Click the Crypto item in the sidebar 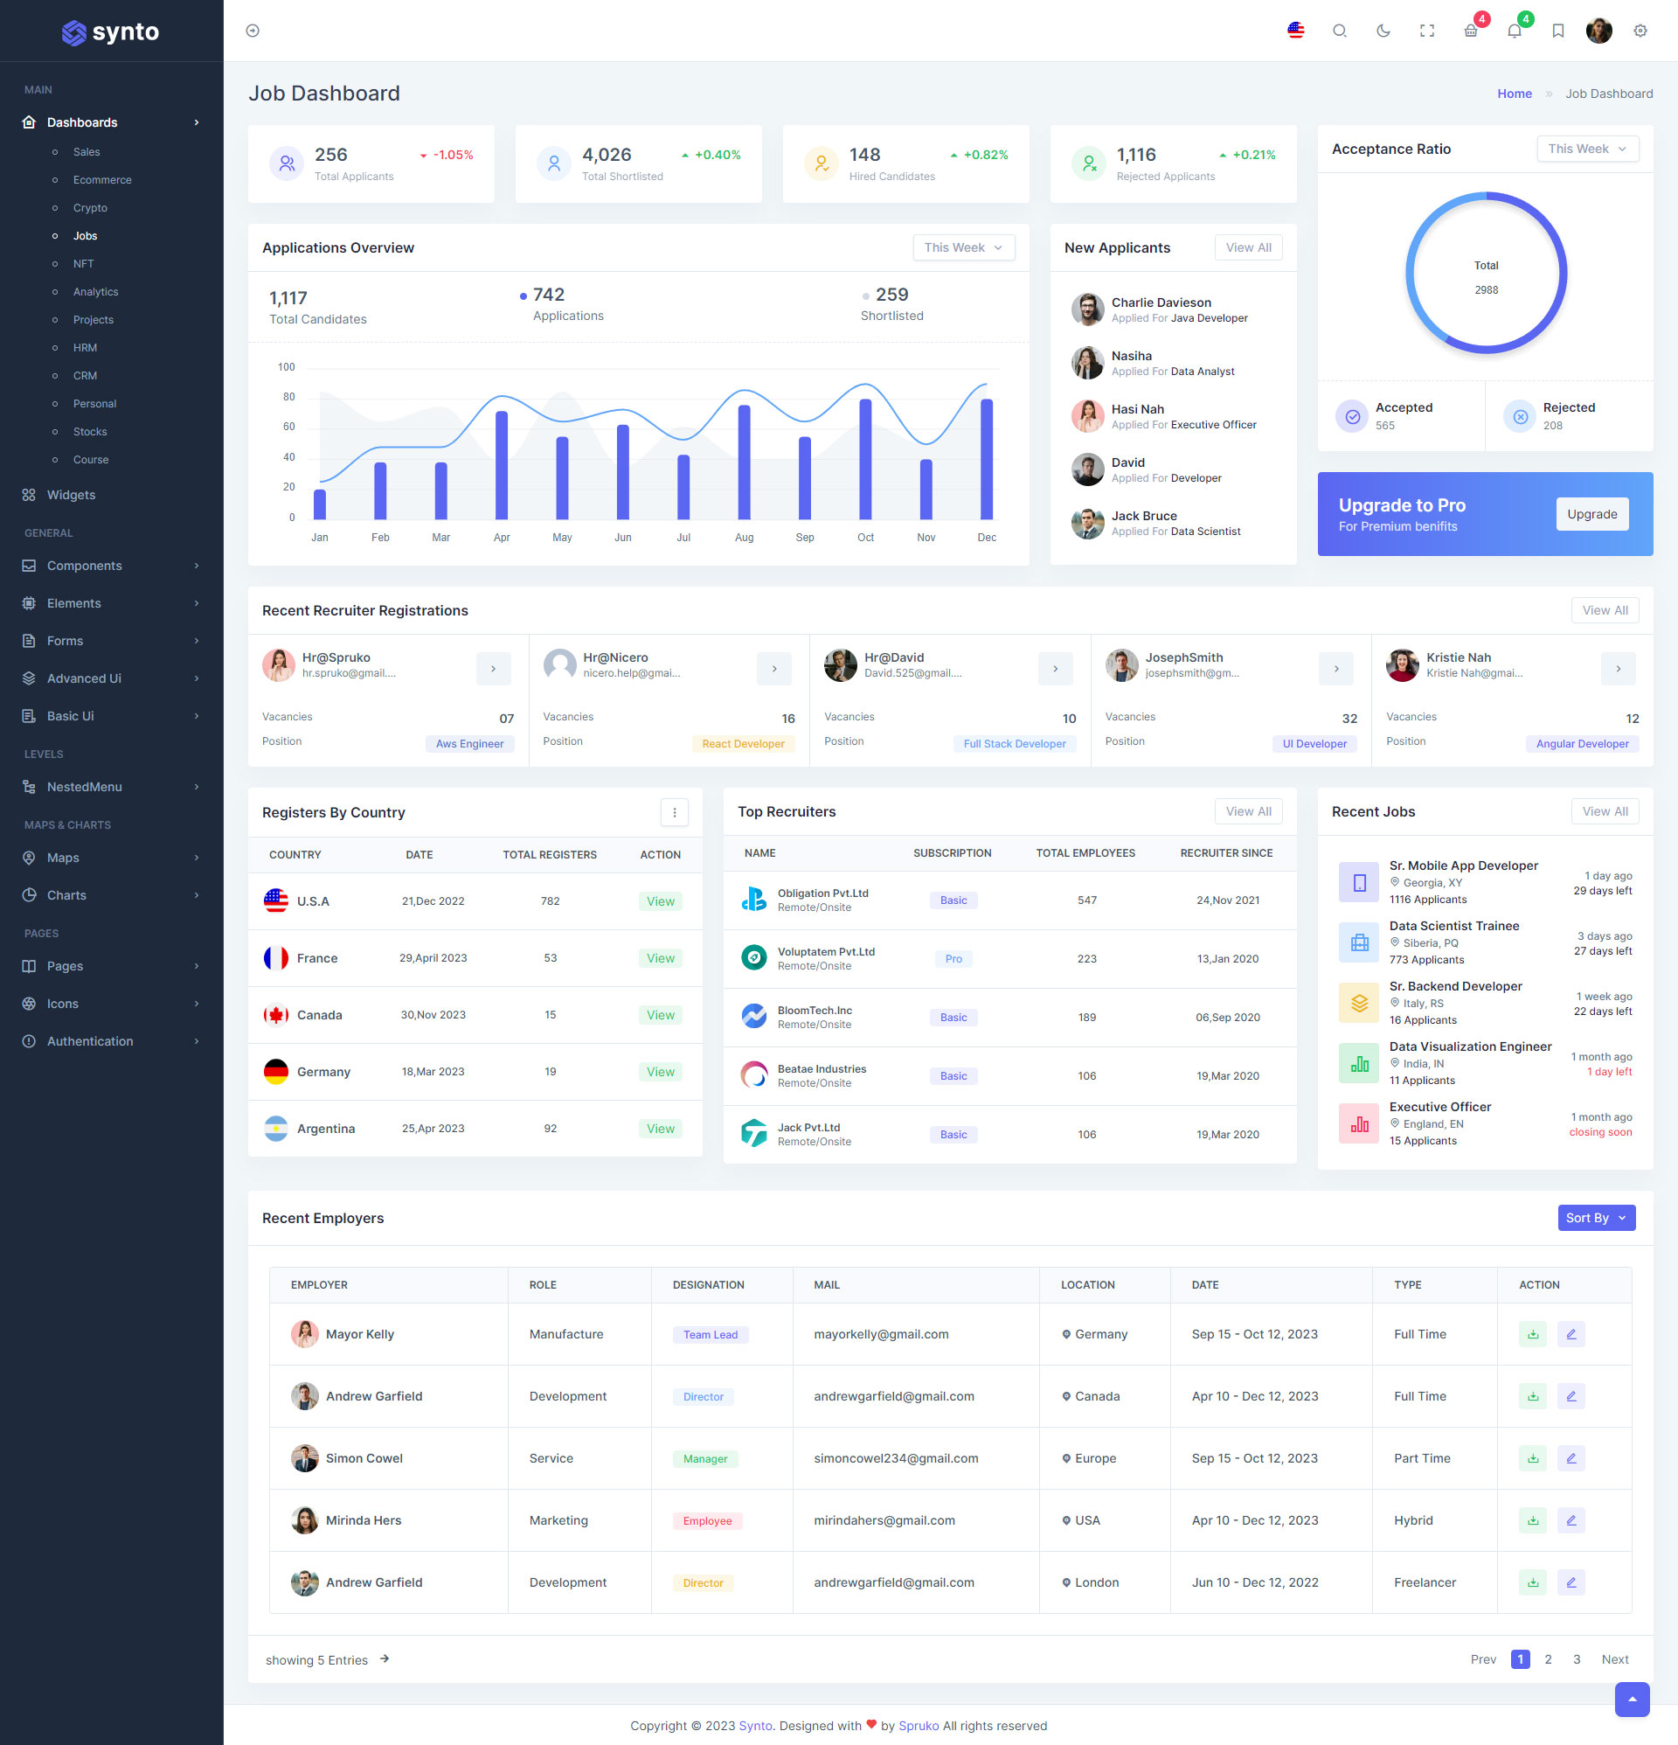90,207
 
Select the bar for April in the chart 501,464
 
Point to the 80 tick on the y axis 288,397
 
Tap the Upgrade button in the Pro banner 1591,514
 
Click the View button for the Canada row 660,1015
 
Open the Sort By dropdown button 1596,1218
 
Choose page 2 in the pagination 1548,1659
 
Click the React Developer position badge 742,743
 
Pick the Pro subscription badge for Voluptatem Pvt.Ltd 953,959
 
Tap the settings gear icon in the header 1640,31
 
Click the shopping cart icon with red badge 1471,31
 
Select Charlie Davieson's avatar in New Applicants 1087,309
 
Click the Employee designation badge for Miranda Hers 707,1520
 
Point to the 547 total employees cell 1086,900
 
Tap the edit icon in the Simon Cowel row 1571,1458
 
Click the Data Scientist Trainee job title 1453,926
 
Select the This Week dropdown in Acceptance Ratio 1586,149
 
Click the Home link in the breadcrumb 1514,94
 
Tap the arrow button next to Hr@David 1055,669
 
